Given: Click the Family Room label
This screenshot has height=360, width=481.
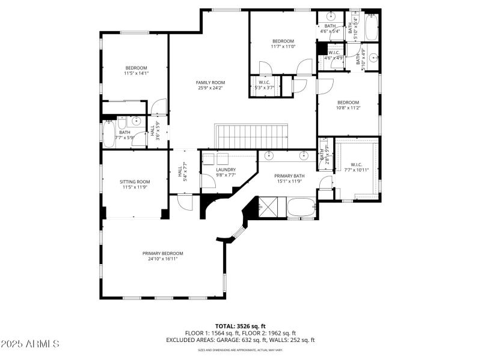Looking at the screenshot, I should (210, 82).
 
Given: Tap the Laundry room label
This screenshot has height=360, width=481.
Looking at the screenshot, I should (225, 170).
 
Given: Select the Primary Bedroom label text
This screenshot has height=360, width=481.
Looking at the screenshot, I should (162, 253).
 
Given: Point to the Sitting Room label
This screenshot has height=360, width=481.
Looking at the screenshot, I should (135, 181).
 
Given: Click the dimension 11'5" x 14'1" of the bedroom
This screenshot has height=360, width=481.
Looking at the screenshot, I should (136, 74).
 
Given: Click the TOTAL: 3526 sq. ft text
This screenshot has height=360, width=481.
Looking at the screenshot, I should (240, 326).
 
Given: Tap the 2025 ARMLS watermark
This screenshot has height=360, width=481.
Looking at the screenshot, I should (30, 344).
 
